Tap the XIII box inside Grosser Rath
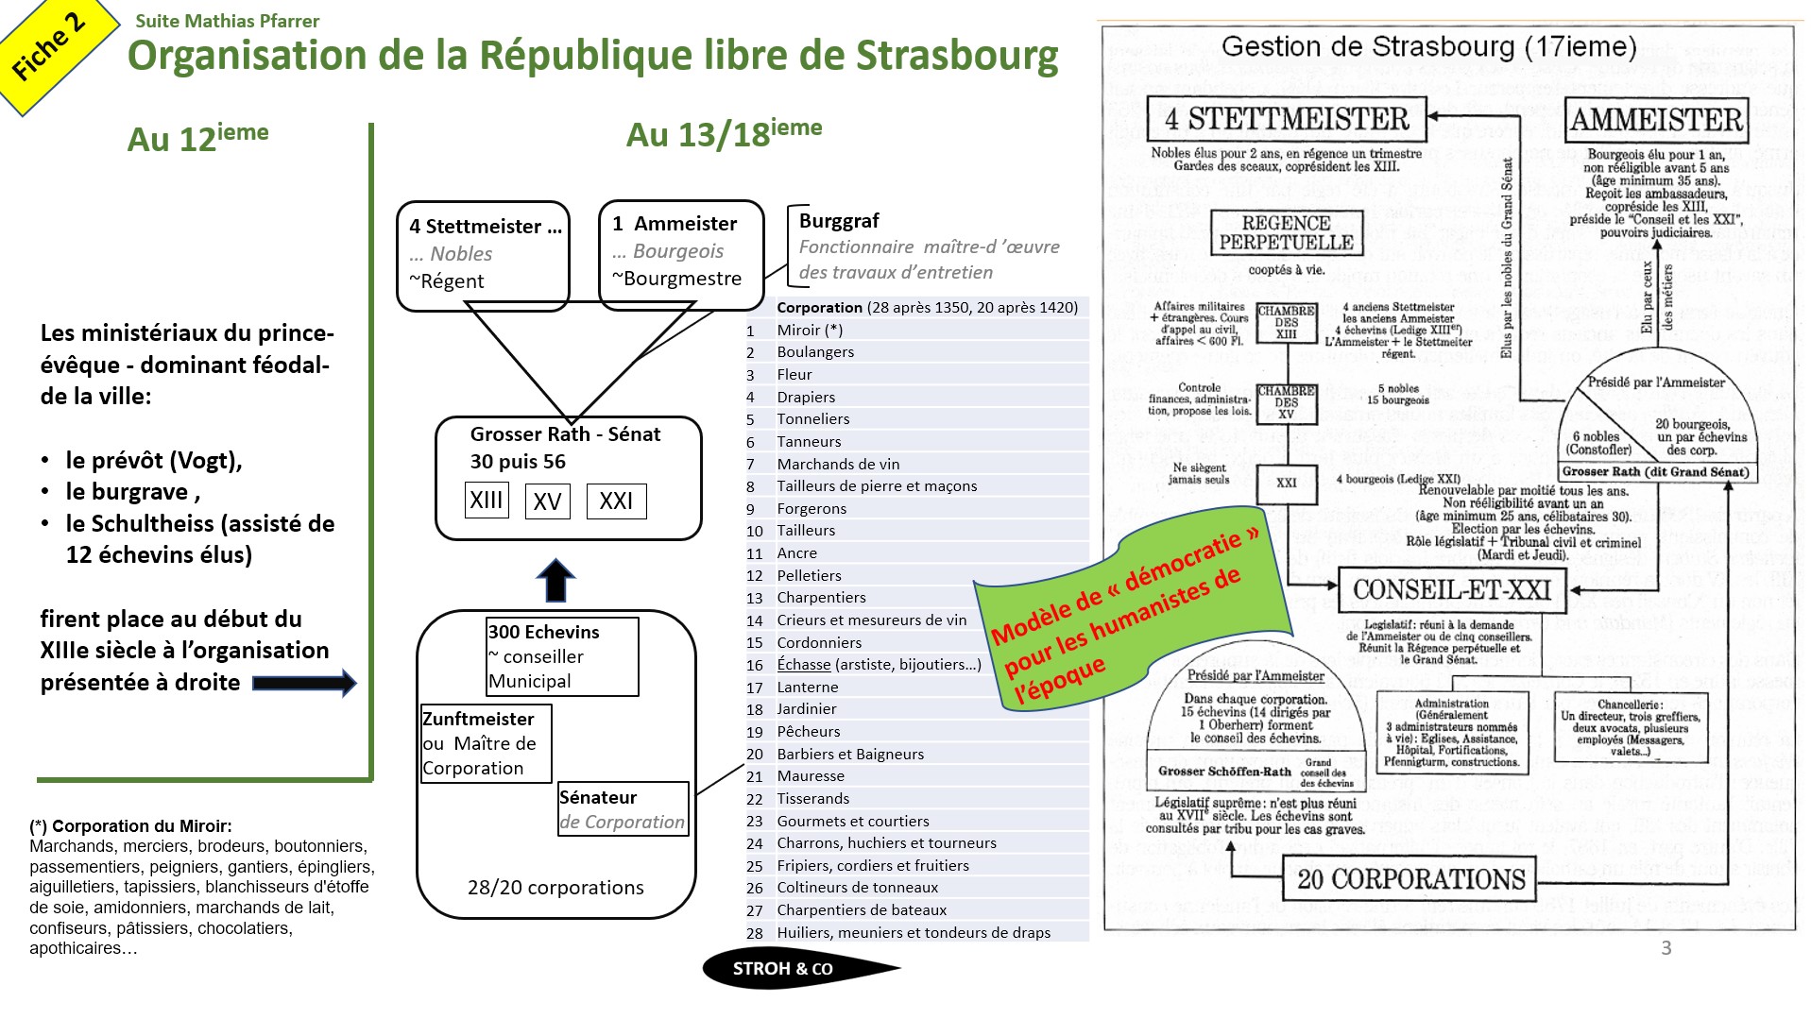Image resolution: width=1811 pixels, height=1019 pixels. (x=487, y=500)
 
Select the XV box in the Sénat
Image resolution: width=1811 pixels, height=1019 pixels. (x=547, y=501)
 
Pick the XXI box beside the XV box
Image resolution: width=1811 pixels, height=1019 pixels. (x=616, y=501)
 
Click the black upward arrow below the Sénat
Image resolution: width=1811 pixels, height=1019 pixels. (x=555, y=580)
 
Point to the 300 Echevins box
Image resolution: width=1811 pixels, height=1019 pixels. (x=562, y=656)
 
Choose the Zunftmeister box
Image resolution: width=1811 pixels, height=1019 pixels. (x=486, y=743)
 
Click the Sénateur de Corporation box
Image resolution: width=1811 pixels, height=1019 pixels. (x=623, y=809)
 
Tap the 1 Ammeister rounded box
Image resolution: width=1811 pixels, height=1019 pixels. (x=680, y=251)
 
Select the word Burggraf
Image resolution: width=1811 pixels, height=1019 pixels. (x=839, y=221)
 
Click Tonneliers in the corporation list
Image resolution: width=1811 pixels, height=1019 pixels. (x=812, y=419)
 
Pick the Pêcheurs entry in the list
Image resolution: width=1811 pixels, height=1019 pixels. (x=808, y=732)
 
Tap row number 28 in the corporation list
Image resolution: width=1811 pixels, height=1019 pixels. (x=754, y=933)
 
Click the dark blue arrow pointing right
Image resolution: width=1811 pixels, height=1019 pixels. (x=304, y=683)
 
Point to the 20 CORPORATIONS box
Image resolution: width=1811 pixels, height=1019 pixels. (x=1410, y=879)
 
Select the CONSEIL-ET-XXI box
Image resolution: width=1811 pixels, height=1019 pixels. (x=1451, y=590)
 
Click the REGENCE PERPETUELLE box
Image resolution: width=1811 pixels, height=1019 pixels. (x=1286, y=233)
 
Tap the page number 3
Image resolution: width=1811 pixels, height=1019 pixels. (x=1666, y=948)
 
